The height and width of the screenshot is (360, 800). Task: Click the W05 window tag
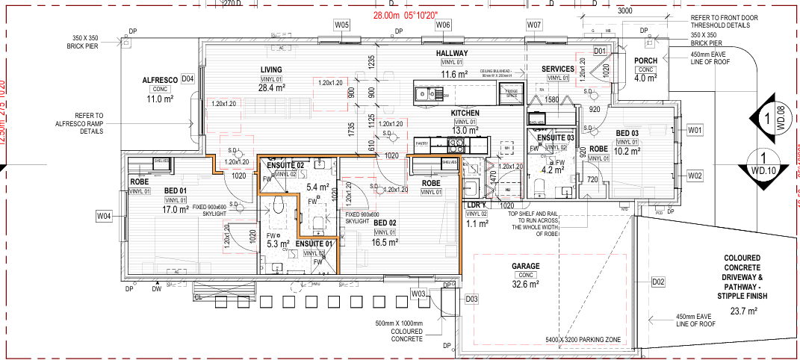pos(341,25)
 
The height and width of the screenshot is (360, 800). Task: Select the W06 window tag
pos(443,25)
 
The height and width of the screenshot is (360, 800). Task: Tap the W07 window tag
pos(533,25)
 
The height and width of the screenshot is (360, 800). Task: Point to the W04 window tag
pos(104,217)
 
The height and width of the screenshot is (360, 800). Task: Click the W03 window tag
pos(418,294)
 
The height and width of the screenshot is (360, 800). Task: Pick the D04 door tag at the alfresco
pos(187,78)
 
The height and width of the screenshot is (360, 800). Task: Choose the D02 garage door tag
pos(658,282)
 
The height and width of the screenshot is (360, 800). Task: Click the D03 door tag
pos(471,300)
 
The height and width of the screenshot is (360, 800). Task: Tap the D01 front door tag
pos(599,51)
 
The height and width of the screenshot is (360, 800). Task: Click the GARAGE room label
pos(525,266)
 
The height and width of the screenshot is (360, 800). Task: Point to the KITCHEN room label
pos(465,113)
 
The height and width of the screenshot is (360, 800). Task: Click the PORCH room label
pos(645,60)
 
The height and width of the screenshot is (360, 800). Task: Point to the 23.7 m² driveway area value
pos(743,311)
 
